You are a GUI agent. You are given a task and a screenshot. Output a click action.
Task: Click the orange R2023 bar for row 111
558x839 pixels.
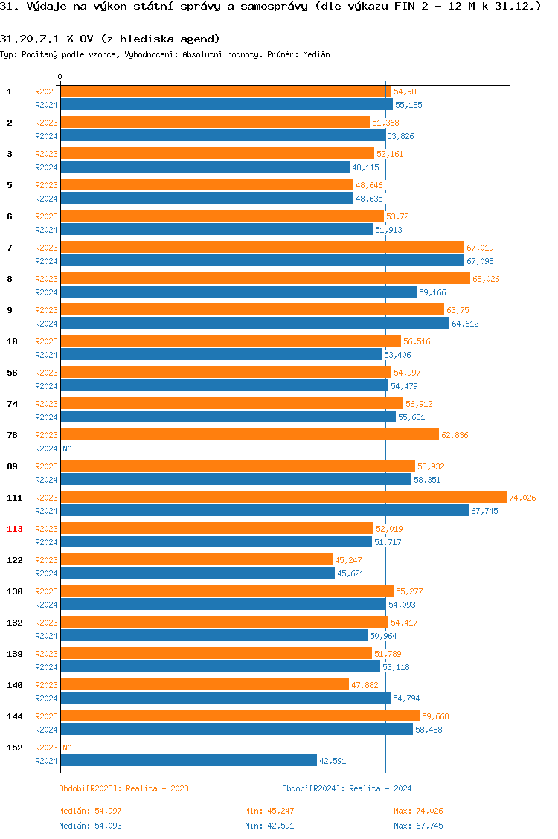click(283, 498)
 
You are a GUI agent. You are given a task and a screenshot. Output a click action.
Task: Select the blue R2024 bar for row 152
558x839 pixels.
click(188, 761)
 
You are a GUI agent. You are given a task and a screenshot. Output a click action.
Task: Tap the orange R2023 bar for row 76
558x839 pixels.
click(249, 435)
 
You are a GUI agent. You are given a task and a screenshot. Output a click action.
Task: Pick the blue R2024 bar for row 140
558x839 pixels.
click(225, 698)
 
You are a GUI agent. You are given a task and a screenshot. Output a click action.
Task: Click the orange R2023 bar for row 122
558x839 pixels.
click(196, 560)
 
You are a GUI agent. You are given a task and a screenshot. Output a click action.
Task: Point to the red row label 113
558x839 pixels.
click(15, 529)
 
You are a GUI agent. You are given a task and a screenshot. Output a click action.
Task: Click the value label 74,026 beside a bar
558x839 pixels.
click(522, 498)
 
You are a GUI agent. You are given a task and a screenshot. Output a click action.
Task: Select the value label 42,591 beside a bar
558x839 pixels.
click(333, 761)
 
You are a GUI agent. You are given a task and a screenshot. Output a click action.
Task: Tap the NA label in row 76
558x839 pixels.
click(67, 449)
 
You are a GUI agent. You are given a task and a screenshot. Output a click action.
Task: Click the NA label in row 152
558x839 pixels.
click(67, 748)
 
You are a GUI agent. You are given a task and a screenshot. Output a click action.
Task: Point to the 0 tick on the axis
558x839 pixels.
click(60, 77)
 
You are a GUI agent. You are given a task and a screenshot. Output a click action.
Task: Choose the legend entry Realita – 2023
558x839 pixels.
click(124, 788)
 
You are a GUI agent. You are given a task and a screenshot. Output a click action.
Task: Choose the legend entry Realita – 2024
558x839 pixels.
click(347, 788)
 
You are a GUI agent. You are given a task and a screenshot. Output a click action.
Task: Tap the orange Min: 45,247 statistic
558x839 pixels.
click(269, 811)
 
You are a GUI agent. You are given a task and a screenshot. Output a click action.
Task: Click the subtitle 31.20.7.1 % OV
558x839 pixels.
click(110, 39)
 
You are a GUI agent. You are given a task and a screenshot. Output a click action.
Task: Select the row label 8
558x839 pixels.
click(10, 279)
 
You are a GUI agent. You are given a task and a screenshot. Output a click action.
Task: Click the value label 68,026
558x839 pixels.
click(486, 279)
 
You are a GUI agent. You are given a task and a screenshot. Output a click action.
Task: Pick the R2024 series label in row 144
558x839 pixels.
click(46, 730)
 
